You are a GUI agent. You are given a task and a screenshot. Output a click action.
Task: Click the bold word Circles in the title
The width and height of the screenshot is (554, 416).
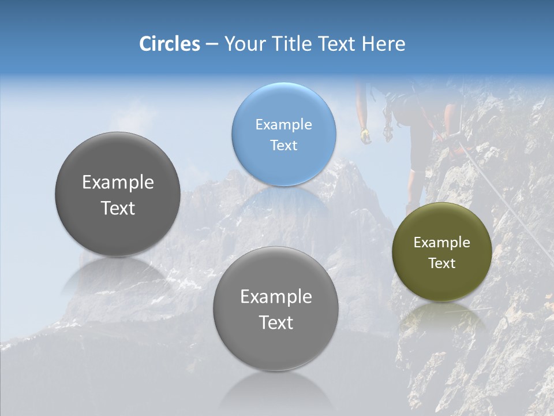point(170,44)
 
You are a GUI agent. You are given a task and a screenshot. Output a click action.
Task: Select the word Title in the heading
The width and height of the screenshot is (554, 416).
point(291,44)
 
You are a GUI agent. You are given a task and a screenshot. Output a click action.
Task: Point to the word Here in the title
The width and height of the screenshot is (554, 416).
point(383,44)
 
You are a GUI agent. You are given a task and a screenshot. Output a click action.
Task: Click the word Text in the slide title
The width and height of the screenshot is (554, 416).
point(337,44)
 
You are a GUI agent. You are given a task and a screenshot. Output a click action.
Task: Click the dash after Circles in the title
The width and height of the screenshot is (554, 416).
point(212,44)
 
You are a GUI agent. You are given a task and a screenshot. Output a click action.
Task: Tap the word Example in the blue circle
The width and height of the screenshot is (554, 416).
point(284,124)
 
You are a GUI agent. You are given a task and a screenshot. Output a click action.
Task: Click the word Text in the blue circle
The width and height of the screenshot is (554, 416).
point(284,145)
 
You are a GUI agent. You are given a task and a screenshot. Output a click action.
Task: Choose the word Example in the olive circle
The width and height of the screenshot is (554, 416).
point(442,243)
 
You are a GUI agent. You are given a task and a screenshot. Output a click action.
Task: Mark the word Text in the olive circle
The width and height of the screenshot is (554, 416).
point(442,263)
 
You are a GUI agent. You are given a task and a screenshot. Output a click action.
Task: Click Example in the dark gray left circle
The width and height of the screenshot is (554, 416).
point(118,183)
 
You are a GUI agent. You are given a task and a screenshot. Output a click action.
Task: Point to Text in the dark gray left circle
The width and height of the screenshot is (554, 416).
point(118,208)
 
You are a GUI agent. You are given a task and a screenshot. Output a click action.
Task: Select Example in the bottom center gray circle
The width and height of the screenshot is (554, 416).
point(276,297)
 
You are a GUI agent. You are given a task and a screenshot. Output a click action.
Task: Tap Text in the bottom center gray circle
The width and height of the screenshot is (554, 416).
point(276,322)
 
